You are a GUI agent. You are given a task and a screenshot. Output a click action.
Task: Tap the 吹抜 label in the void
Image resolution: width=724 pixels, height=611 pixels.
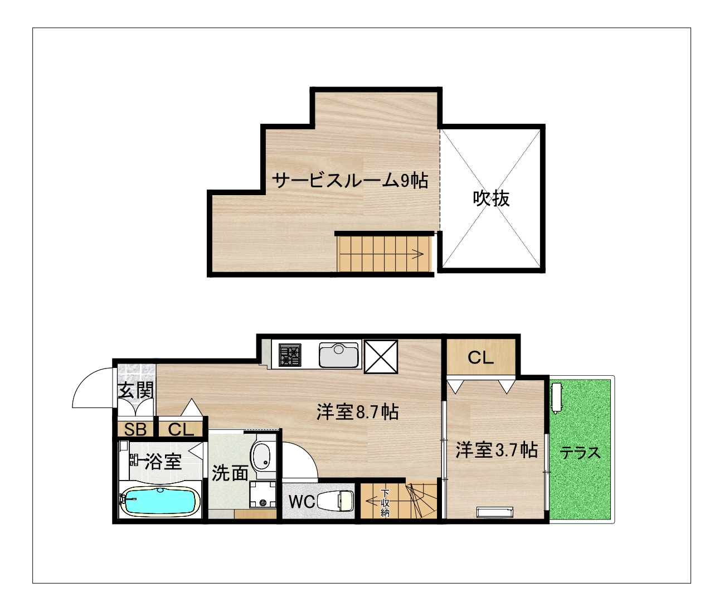[x=492, y=198]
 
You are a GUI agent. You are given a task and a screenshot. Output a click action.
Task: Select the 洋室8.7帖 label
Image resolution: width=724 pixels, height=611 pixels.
[x=357, y=413]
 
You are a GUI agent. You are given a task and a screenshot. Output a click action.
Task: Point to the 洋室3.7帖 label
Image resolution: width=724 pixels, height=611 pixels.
[x=497, y=450]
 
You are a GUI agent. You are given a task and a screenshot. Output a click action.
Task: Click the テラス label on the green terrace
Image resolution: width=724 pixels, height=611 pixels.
[x=580, y=453]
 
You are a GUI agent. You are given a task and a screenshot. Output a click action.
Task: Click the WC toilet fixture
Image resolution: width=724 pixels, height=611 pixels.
[x=336, y=501]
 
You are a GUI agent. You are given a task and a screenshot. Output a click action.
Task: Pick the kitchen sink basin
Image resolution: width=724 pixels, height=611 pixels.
[x=339, y=355]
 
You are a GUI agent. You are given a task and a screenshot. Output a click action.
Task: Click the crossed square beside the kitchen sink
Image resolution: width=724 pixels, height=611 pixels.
[x=381, y=356]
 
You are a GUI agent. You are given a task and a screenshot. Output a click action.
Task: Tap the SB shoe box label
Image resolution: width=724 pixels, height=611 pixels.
[x=135, y=430]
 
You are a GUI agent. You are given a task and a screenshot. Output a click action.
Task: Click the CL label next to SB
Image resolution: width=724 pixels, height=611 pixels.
[x=181, y=430]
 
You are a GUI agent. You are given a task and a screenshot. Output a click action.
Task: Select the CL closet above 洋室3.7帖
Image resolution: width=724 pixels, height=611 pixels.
[x=480, y=358]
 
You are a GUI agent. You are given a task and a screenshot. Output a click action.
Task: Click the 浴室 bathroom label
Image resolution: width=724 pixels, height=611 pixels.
[x=163, y=461]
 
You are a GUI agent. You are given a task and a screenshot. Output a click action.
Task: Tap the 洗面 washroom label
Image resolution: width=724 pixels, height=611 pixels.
[x=230, y=472]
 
